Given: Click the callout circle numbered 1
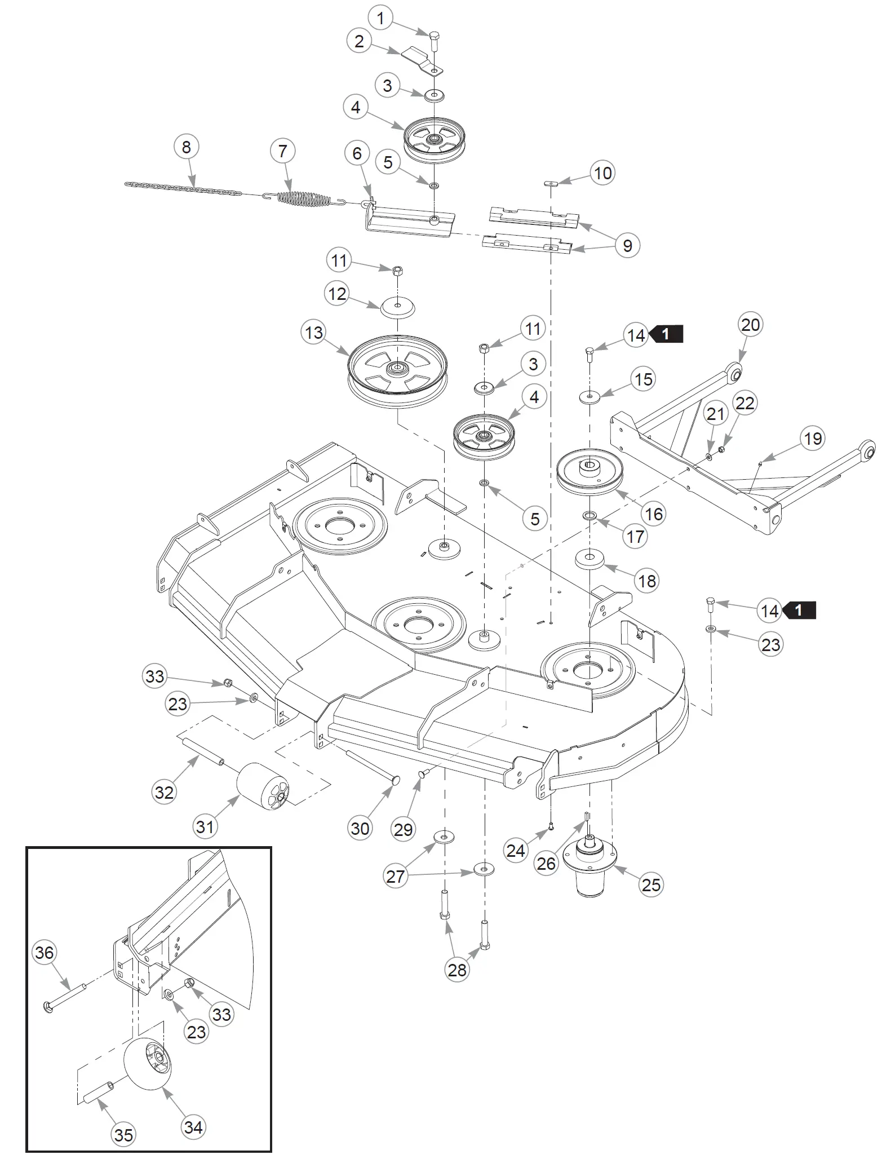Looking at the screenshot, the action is coord(380,19).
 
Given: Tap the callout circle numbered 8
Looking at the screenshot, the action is coord(187,148).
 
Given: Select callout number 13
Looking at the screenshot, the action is coord(314,333).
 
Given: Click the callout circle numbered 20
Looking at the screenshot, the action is coord(751,325).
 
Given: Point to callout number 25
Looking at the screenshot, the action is coord(651,884).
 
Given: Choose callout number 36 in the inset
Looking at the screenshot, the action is coord(45,953).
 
